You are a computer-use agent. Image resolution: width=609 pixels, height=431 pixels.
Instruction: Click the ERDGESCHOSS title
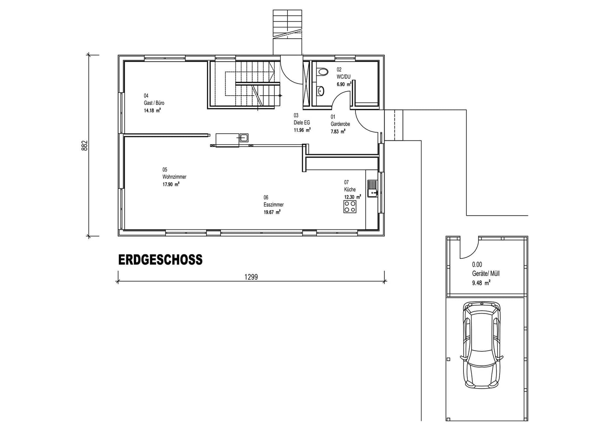click(160, 260)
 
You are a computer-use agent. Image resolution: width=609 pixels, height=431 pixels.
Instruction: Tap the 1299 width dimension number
click(251, 277)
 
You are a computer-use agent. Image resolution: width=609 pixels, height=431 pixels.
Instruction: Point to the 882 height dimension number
click(84, 146)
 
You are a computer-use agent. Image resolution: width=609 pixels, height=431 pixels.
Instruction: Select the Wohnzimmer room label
click(174, 177)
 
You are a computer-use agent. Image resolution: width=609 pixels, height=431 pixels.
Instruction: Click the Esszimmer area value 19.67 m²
click(272, 212)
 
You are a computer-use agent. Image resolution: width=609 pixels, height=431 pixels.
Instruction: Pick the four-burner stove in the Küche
click(350, 207)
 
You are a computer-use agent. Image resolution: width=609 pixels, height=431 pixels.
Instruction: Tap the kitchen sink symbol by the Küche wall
click(372, 189)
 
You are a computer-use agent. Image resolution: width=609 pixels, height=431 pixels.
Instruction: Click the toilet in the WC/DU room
click(323, 72)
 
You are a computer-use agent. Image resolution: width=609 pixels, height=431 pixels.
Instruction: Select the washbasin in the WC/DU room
click(321, 91)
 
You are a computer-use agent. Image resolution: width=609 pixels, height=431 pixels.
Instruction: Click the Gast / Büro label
click(154, 103)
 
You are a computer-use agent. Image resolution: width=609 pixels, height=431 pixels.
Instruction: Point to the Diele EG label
click(302, 123)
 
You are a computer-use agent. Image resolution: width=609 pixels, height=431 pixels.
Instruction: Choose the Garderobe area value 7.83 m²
click(338, 131)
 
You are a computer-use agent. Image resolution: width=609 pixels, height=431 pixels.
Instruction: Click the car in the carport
click(482, 345)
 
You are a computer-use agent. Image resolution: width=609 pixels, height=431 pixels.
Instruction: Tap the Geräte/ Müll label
click(485, 274)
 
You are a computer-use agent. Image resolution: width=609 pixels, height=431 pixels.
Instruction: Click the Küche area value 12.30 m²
click(352, 197)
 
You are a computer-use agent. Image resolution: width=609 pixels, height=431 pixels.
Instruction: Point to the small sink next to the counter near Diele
click(244, 138)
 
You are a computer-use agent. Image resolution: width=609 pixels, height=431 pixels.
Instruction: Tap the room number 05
click(165, 170)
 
